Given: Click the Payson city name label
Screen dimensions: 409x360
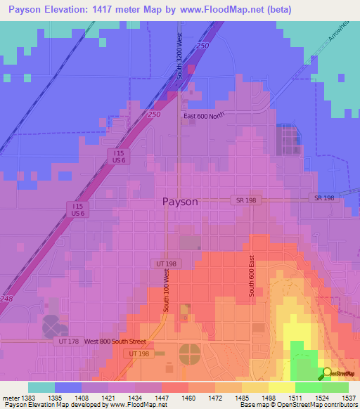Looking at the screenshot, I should pyautogui.click(x=180, y=201).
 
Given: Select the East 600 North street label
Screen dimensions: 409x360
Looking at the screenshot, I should pyautogui.click(x=204, y=117).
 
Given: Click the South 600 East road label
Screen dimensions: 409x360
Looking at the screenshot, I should pyautogui.click(x=250, y=275).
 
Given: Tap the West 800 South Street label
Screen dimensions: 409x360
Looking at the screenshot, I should pyautogui.click(x=115, y=342).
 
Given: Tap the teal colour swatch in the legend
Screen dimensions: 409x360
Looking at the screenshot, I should pyautogui.click(x=41, y=387).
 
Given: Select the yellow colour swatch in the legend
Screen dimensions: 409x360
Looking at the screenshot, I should pyautogui.click(x=281, y=387).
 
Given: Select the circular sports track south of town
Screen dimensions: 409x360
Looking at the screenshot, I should pyautogui.click(x=189, y=353).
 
